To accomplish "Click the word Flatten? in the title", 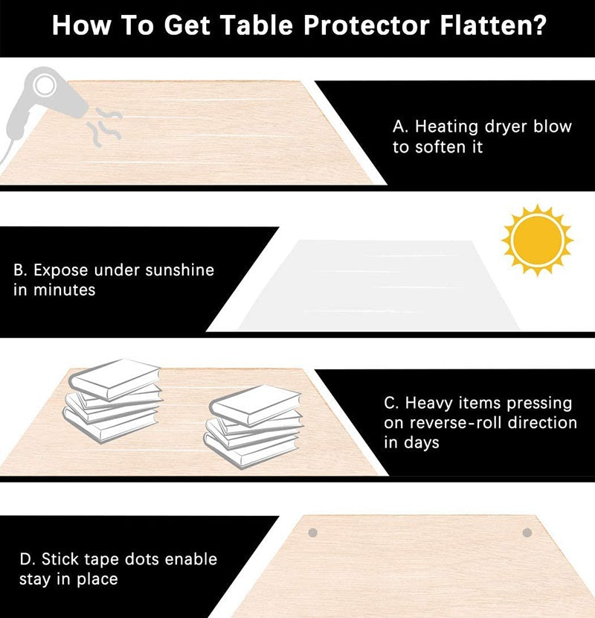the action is [x=493, y=25].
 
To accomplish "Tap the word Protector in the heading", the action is [x=366, y=25].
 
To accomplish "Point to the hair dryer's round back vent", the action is [x=45, y=86].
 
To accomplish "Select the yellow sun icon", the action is [x=537, y=240].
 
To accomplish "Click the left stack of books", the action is [x=112, y=400].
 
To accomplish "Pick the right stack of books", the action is [x=253, y=427].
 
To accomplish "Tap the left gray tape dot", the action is [x=312, y=533].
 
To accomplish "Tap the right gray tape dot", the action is [x=527, y=533].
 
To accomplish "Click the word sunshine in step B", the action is [x=179, y=270].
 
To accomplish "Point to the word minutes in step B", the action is [x=64, y=290].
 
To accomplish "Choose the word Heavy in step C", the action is [x=429, y=404].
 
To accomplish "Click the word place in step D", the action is [x=97, y=580].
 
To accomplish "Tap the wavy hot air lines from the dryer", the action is [x=104, y=127].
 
